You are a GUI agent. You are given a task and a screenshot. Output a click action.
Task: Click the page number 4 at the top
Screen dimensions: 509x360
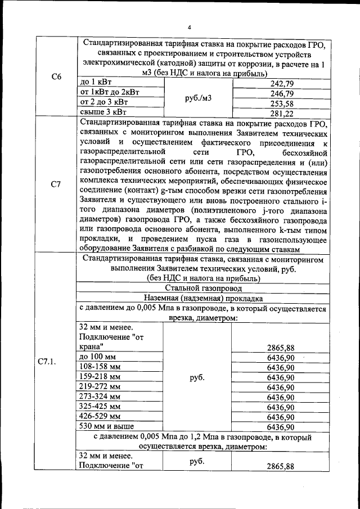(x=190, y=28)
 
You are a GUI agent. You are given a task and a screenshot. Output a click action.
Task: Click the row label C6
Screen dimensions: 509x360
(x=56, y=76)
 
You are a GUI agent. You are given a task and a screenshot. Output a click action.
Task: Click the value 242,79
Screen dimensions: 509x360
(x=282, y=83)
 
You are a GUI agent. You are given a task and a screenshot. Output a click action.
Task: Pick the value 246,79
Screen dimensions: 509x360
(x=282, y=93)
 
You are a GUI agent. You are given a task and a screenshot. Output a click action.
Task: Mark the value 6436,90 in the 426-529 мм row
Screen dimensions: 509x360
(x=281, y=417)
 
